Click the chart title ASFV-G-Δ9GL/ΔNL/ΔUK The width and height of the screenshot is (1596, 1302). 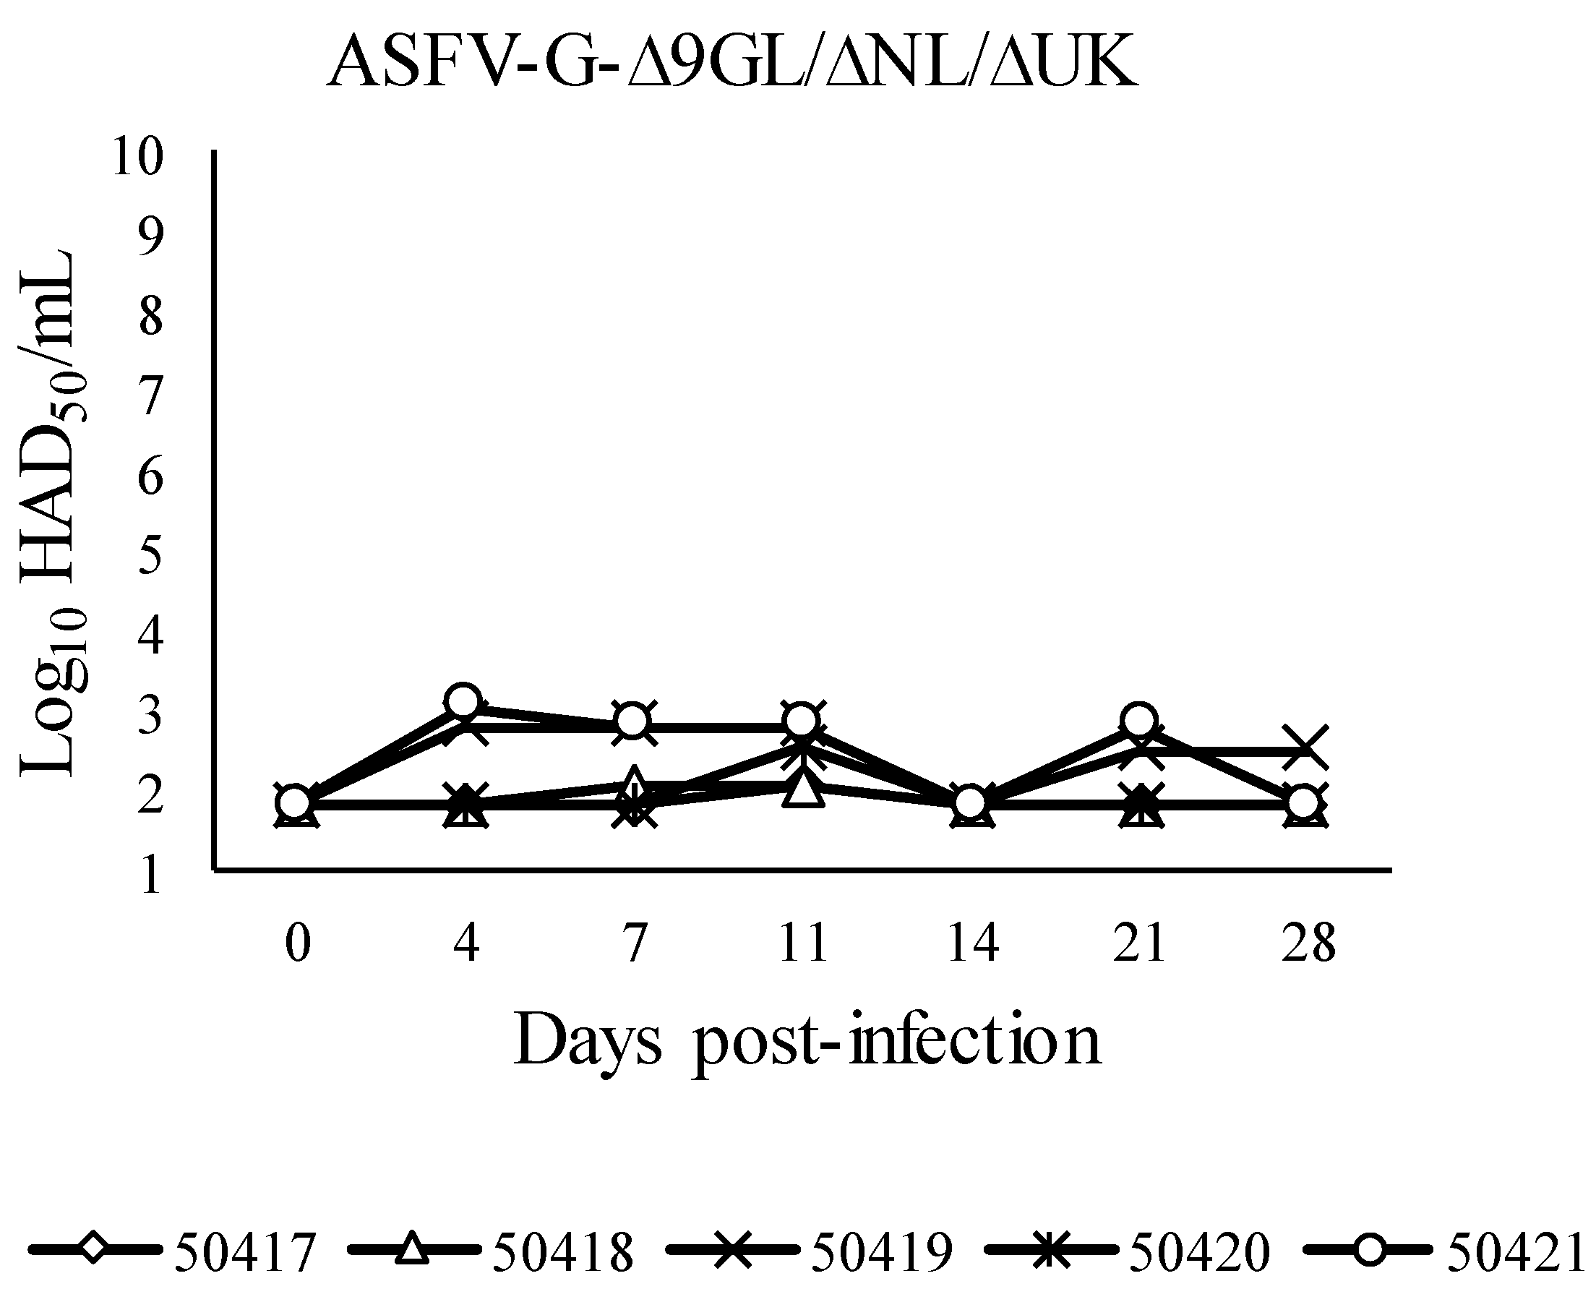click(733, 64)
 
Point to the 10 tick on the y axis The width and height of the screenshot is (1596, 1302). click(137, 157)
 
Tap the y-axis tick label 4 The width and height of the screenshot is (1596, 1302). click(150, 635)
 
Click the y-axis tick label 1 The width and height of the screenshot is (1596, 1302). click(150, 875)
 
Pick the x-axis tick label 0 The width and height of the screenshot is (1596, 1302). click(298, 942)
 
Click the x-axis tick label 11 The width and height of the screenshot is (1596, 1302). click(803, 942)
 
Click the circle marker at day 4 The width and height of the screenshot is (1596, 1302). click(464, 701)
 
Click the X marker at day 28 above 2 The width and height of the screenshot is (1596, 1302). click(1305, 748)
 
